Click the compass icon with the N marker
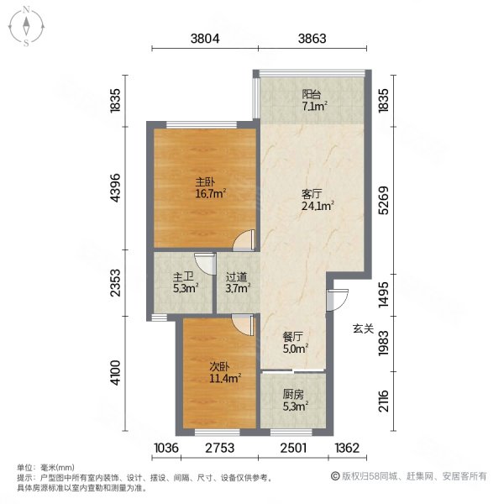[28, 25]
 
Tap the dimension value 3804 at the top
[205, 38]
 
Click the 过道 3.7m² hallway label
[237, 281]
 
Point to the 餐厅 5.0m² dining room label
[295, 343]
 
